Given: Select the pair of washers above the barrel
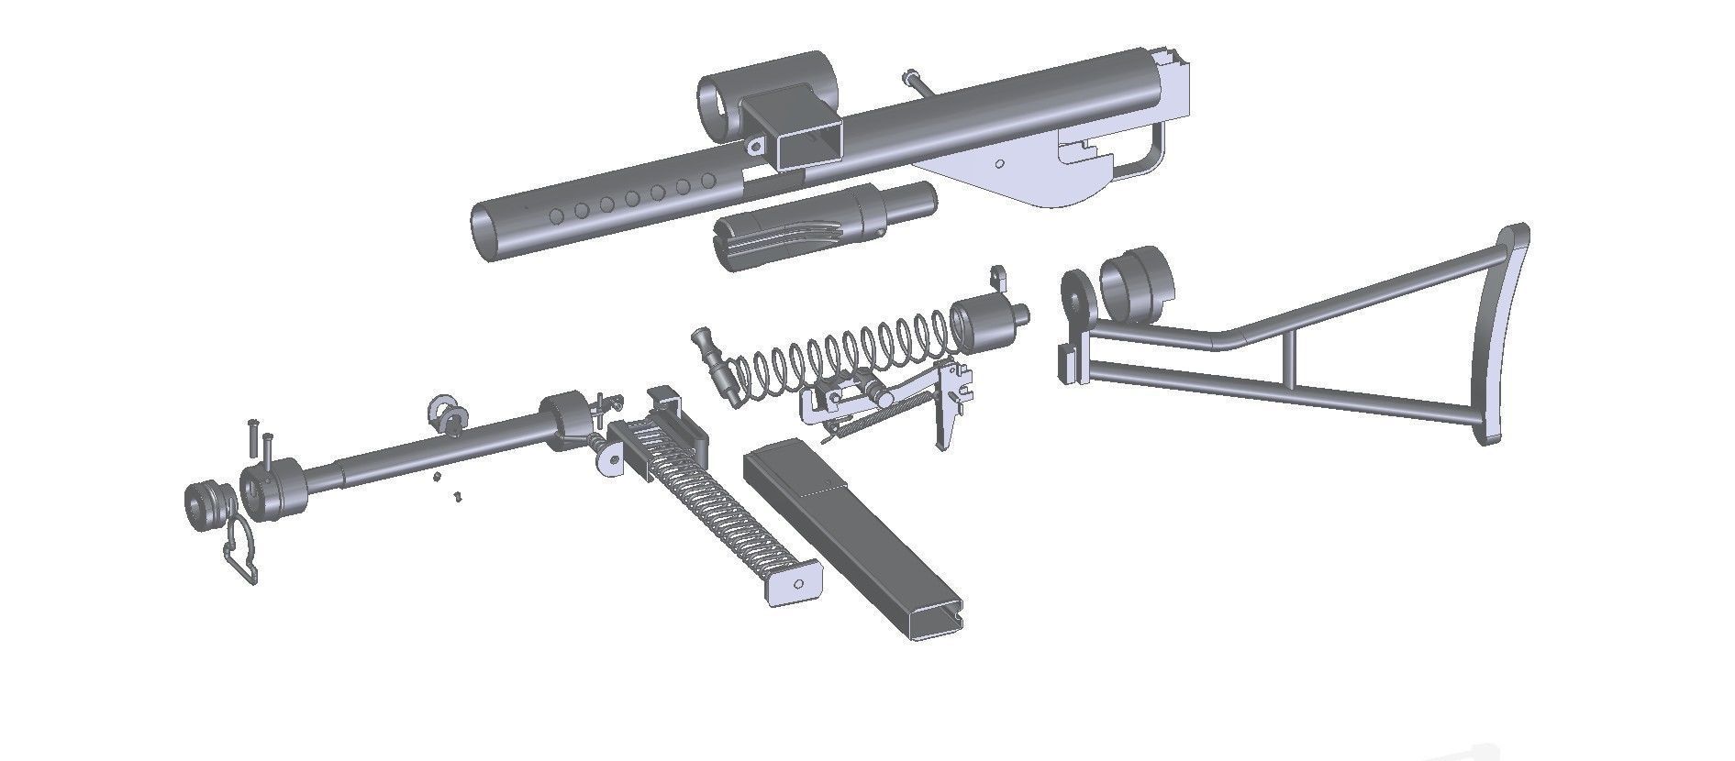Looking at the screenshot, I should (x=448, y=414).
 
